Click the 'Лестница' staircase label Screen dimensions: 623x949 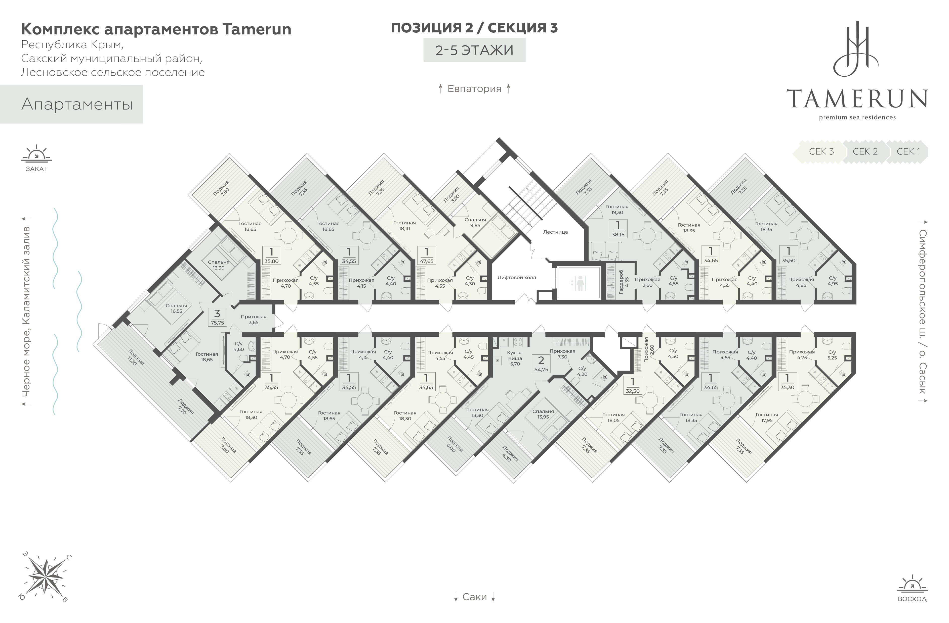(555, 232)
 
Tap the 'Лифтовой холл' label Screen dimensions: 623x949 (516, 278)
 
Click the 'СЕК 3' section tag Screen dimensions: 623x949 (821, 152)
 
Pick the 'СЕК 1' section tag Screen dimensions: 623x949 (908, 152)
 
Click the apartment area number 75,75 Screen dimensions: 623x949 (217, 323)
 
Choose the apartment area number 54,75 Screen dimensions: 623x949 (541, 369)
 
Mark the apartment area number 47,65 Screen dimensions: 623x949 (427, 261)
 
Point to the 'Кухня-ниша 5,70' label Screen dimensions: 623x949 (515, 358)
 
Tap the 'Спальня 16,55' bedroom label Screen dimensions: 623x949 (176, 308)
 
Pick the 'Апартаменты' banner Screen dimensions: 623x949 (77, 104)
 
